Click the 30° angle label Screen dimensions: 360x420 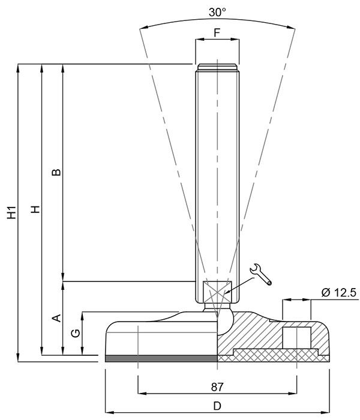217,12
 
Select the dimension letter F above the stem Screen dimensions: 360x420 217,32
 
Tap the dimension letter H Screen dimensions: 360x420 35,209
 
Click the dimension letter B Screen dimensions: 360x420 56,172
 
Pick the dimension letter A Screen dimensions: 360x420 56,318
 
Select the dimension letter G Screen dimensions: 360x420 76,333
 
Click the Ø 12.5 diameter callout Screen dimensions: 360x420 339,293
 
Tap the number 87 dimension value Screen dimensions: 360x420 217,387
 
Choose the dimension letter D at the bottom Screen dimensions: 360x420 217,406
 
